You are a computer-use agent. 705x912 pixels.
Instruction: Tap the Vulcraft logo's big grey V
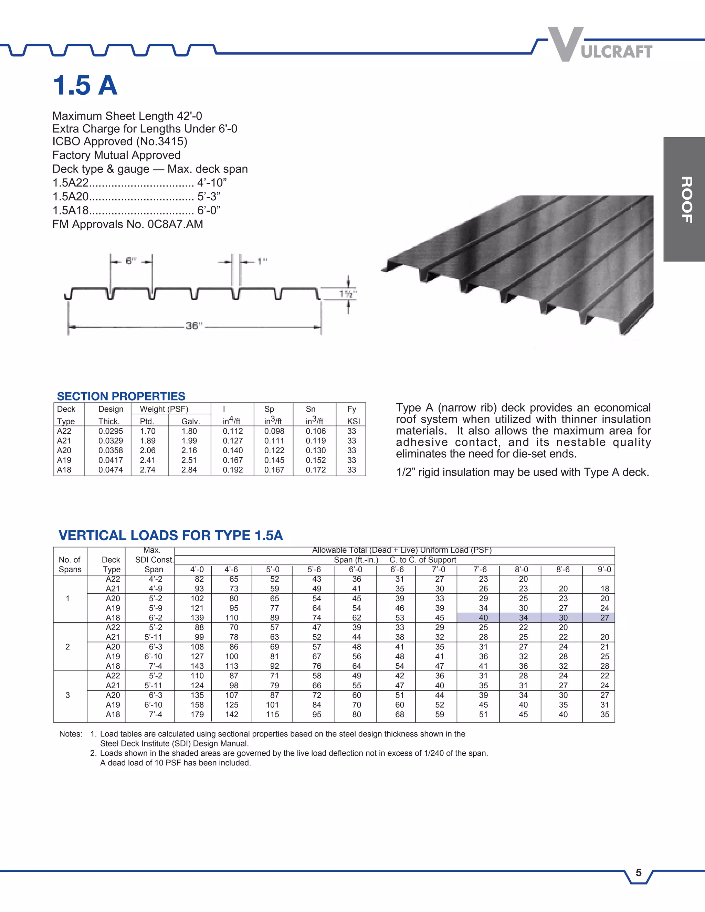coord(566,44)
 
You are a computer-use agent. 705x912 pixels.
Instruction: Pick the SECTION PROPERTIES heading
coord(121,396)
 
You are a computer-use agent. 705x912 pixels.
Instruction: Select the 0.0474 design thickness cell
coord(111,470)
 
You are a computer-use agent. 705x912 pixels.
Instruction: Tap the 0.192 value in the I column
coord(233,470)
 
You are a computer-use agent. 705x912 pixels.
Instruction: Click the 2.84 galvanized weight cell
coord(189,470)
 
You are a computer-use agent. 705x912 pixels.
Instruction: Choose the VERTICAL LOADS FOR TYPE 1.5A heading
coord(170,535)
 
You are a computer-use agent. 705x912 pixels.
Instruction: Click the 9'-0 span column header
coord(604,570)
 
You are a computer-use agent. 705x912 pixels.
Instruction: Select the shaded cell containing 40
coord(483,618)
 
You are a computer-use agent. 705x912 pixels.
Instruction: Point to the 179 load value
coord(197,714)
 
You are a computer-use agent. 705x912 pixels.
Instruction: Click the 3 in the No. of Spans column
coord(68,695)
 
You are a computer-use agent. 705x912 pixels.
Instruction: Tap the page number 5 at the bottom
coord(639,873)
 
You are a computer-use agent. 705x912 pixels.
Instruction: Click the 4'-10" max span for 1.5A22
coord(212,183)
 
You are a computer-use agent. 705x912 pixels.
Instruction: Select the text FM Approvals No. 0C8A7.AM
coord(128,224)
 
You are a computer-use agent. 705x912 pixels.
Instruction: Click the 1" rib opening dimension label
coord(262,262)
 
